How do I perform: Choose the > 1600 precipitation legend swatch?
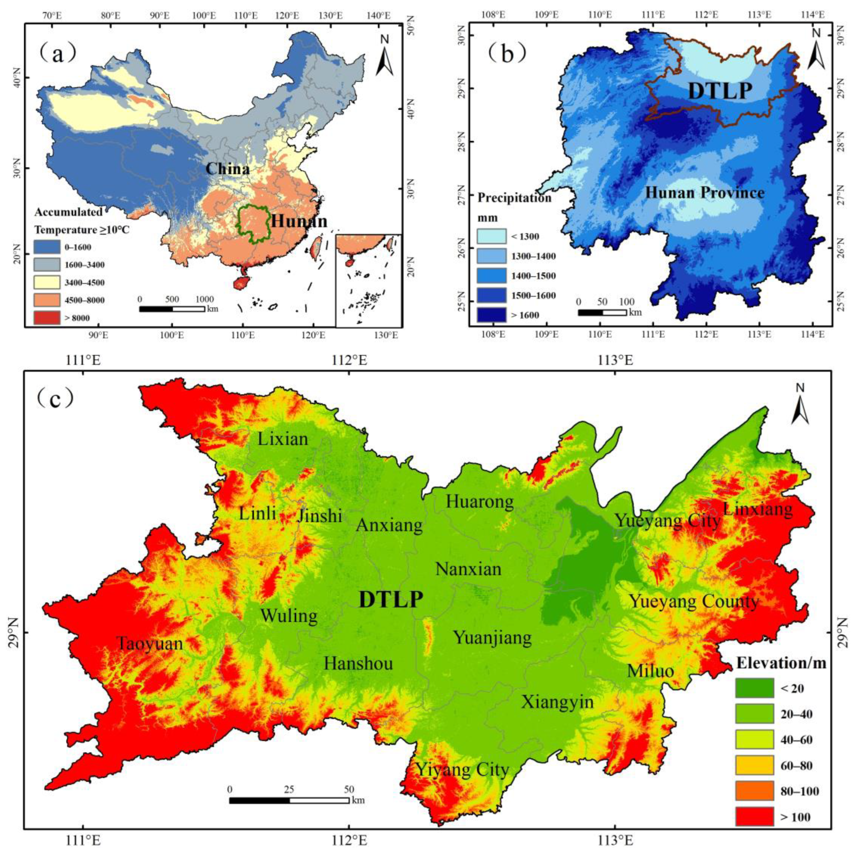tap(491, 315)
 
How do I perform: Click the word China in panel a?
tap(227, 168)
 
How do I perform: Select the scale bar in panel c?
tap(289, 800)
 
